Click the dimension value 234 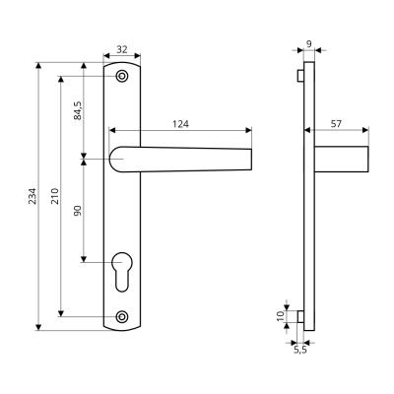pyautogui.click(x=33, y=196)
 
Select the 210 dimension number pyautogui.click(x=55, y=196)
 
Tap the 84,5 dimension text pyautogui.click(x=78, y=110)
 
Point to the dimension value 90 pyautogui.click(x=78, y=211)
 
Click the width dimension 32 pyautogui.click(x=122, y=49)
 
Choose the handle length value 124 pyautogui.click(x=181, y=124)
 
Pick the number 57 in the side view pyautogui.click(x=336, y=124)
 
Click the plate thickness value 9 pyautogui.click(x=309, y=43)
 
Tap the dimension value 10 pyautogui.click(x=280, y=316)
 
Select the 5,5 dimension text pyautogui.click(x=299, y=351)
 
